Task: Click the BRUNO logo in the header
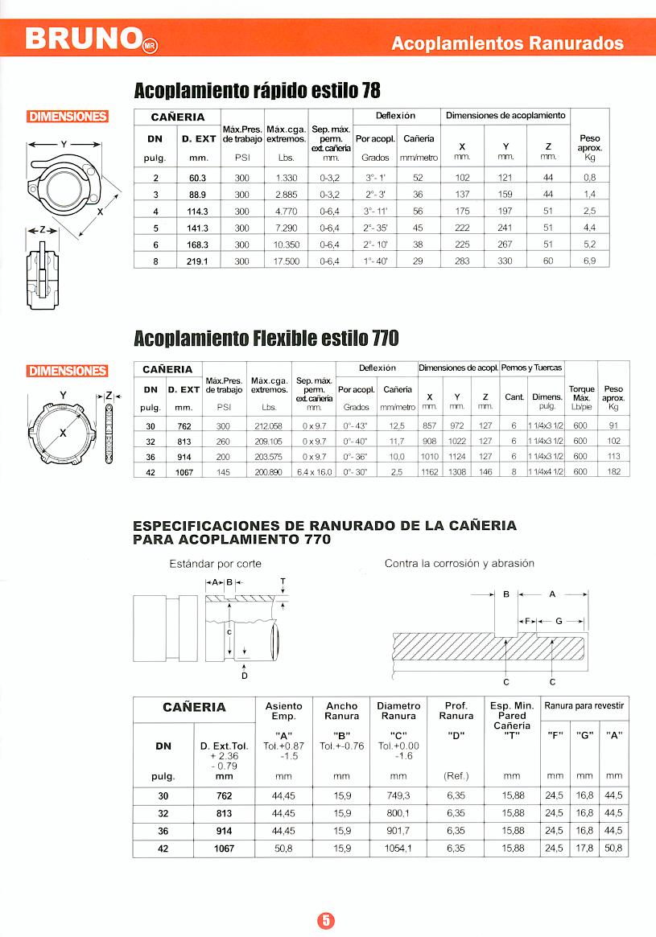[x=85, y=39]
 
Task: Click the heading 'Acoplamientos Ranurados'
[x=507, y=43]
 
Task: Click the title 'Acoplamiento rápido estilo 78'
[x=257, y=88]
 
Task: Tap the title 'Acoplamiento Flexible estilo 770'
[x=266, y=339]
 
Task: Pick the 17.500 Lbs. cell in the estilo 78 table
[x=286, y=261]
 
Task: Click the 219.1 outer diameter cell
[x=198, y=261]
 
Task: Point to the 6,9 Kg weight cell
[x=589, y=261]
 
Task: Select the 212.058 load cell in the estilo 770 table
[x=269, y=426]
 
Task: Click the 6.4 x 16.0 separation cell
[x=313, y=472]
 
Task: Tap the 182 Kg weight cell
[x=613, y=472]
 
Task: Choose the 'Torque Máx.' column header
[x=581, y=394]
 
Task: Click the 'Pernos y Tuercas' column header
[x=531, y=368]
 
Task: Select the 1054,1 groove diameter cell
[x=398, y=848]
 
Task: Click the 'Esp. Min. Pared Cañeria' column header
[x=512, y=716]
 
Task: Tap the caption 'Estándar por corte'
[x=215, y=564]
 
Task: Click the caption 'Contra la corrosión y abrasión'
[x=459, y=564]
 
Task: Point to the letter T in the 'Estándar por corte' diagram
[x=283, y=581]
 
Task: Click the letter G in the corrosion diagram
[x=559, y=621]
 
